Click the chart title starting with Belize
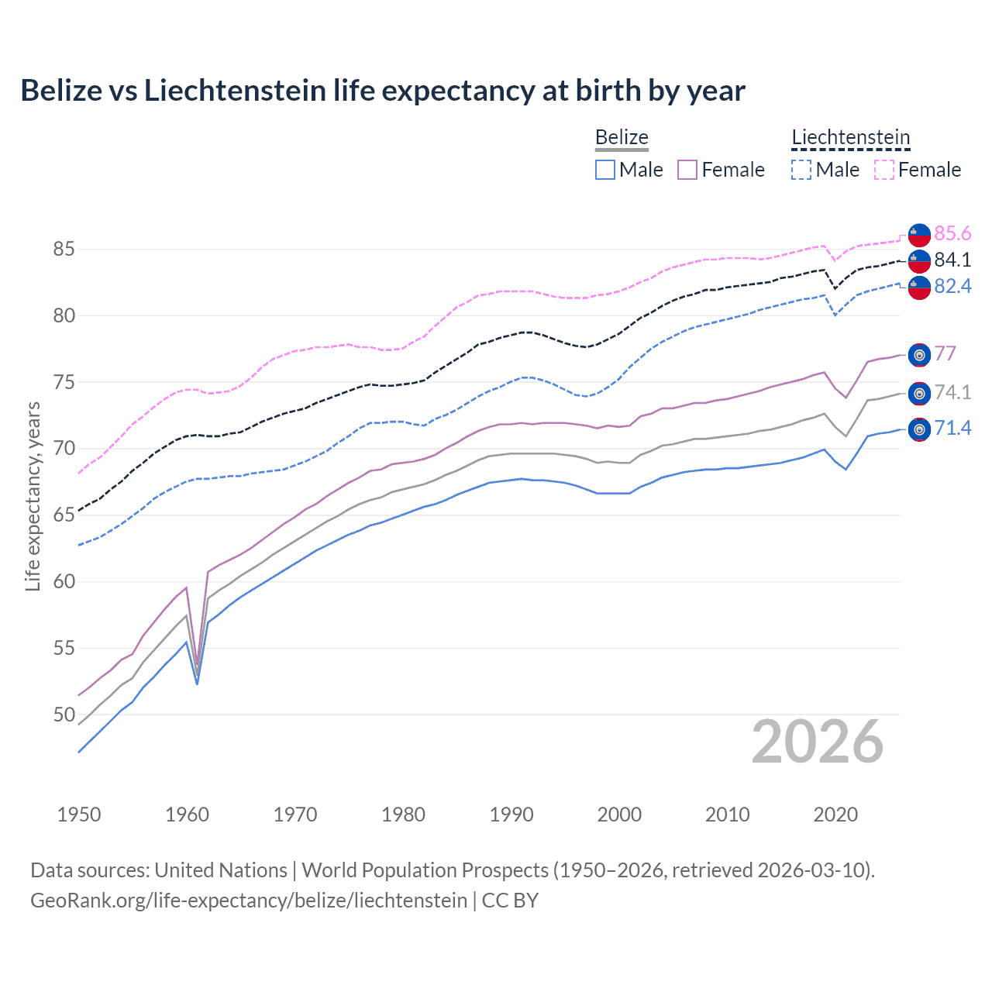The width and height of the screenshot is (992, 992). [x=382, y=91]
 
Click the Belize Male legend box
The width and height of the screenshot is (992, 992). [x=605, y=170]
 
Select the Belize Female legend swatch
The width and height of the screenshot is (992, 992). [x=687, y=170]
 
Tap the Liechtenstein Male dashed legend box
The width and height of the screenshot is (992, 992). [x=801, y=170]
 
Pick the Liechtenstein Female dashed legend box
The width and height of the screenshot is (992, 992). [x=884, y=170]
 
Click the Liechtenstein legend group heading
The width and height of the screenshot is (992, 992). [x=850, y=138]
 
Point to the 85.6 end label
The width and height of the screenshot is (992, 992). [x=952, y=234]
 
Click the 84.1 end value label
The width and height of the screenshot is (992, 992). [x=952, y=260]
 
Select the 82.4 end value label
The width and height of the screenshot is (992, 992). [x=952, y=287]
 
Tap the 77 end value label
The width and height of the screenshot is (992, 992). [x=945, y=354]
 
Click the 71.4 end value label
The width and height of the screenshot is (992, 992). [x=952, y=429]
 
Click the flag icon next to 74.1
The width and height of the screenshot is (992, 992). [x=919, y=394]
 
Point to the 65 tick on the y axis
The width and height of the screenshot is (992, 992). [x=64, y=515]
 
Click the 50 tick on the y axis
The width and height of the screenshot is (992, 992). [x=64, y=715]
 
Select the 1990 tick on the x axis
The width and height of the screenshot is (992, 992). [x=511, y=815]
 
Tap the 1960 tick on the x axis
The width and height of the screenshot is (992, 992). [x=188, y=815]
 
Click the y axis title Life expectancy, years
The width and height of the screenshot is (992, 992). [x=33, y=496]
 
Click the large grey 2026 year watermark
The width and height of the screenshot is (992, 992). [x=817, y=742]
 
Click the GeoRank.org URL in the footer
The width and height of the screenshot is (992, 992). [x=249, y=901]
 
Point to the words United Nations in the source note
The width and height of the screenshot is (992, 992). [x=221, y=870]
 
